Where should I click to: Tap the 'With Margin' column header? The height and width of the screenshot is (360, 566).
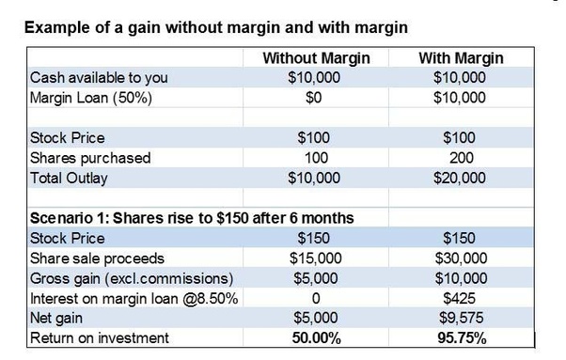[460, 59]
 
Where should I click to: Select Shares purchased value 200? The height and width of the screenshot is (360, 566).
[460, 158]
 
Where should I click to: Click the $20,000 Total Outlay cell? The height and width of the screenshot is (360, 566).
[460, 177]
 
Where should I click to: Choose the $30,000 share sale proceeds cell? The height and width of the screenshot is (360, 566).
[460, 258]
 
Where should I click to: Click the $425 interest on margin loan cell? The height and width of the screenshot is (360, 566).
[460, 298]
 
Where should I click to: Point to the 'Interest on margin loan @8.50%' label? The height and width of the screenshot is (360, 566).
[134, 298]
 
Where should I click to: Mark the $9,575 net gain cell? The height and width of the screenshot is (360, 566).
[460, 318]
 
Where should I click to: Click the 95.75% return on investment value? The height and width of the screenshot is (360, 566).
[460, 337]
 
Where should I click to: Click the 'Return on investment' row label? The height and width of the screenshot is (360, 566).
[101, 337]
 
